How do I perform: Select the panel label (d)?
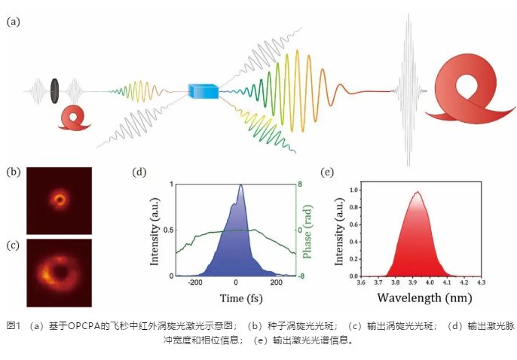(139, 172)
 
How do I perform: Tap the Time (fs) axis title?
(234, 298)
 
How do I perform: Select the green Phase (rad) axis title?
(309, 230)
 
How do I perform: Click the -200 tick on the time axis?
(196, 283)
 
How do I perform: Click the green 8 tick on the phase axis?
(299, 185)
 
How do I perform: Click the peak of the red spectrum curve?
(417, 192)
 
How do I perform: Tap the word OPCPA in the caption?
(81, 325)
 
